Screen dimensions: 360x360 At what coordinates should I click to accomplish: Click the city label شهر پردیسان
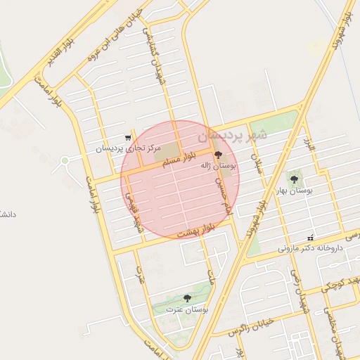pyautogui.click(x=233, y=134)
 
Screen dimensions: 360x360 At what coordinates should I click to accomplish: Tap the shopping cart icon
pyautogui.click(x=127, y=138)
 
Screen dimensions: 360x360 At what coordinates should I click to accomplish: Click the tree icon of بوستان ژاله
pyautogui.click(x=217, y=153)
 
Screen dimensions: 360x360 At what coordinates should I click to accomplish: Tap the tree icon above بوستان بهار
pyautogui.click(x=294, y=179)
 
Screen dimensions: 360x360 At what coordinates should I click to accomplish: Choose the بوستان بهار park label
pyautogui.click(x=295, y=191)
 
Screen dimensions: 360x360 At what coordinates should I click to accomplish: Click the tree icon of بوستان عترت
pyautogui.click(x=186, y=299)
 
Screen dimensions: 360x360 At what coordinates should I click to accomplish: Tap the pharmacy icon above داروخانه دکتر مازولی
pyautogui.click(x=310, y=238)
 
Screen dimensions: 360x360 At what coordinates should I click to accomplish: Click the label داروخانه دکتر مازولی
pyautogui.click(x=309, y=248)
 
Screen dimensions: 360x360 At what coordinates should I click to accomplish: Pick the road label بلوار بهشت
pyautogui.click(x=195, y=231)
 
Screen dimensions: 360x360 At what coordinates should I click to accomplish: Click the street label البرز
pyautogui.click(x=309, y=146)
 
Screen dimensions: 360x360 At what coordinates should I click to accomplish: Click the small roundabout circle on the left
pyautogui.click(x=65, y=160)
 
